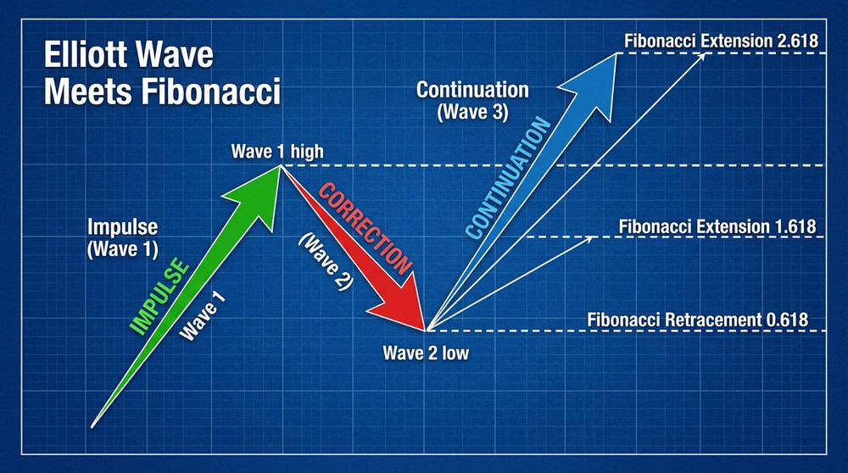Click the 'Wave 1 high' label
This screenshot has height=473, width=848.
pos(276,153)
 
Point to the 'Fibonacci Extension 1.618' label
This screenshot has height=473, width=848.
pos(717,226)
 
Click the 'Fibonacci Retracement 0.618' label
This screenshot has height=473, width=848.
pos(696,320)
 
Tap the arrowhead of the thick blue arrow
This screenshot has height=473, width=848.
pos(599,81)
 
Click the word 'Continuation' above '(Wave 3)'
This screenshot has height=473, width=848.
pos(472,90)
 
